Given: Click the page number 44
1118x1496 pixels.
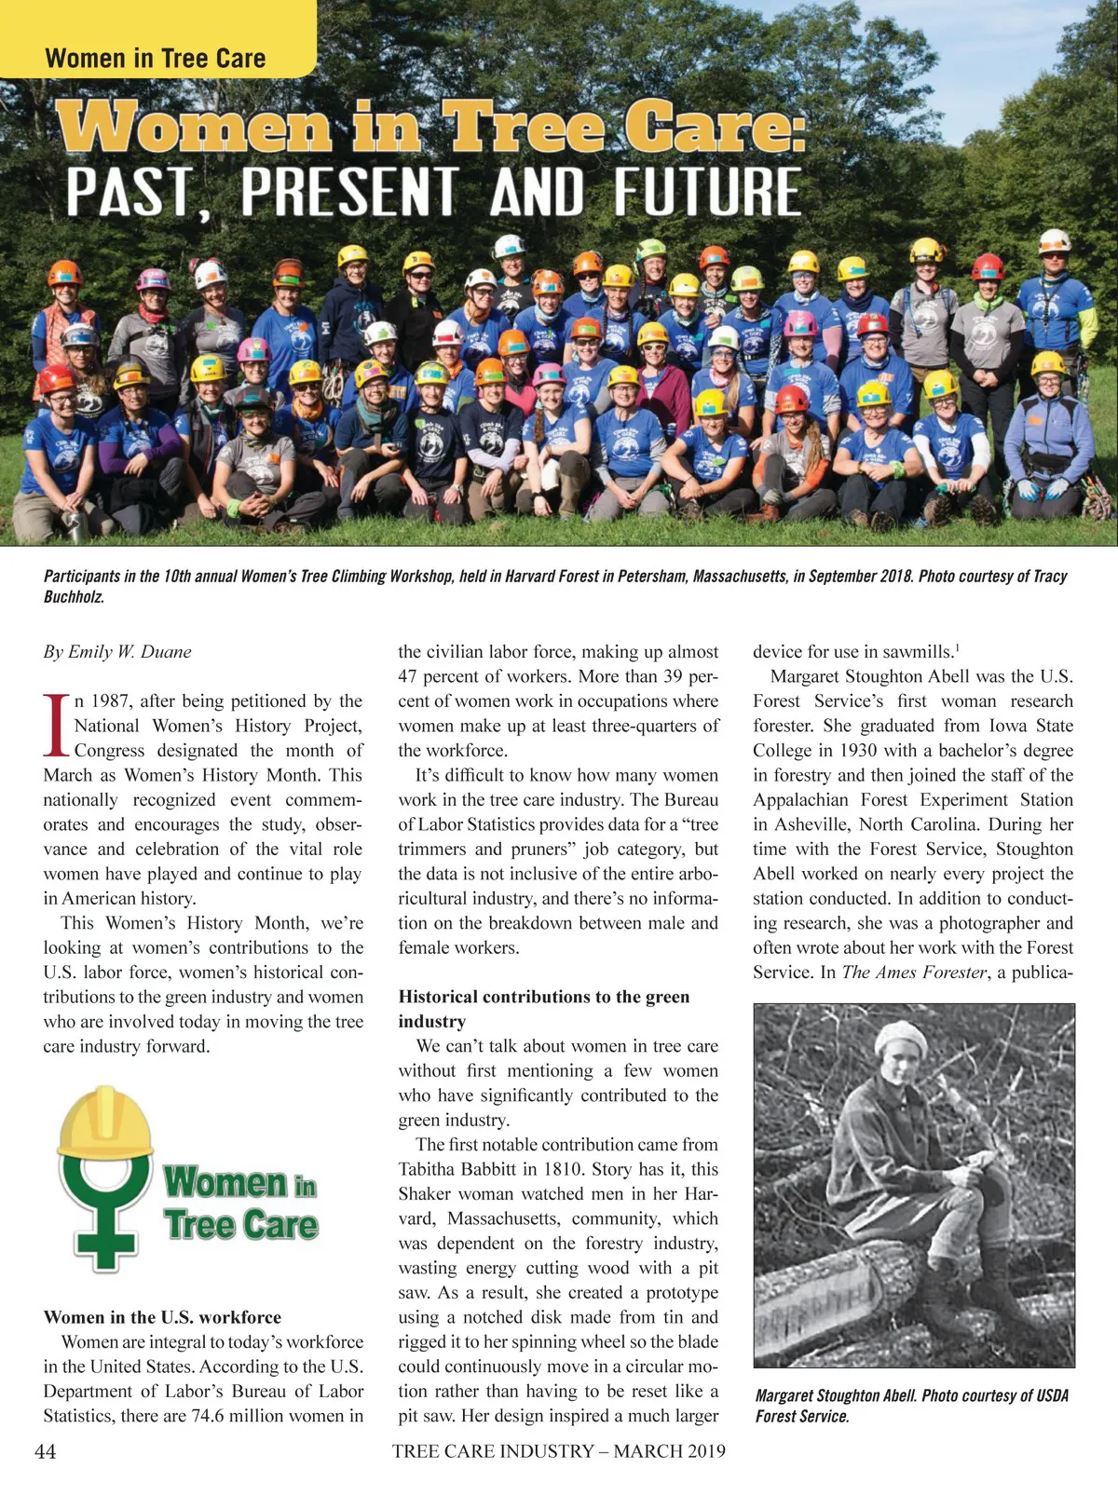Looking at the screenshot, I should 45,1450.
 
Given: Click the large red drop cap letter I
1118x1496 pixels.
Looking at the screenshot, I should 56,726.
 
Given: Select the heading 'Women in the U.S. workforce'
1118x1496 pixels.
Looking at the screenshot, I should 162,1317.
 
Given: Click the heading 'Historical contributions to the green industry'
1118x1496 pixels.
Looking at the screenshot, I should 544,1009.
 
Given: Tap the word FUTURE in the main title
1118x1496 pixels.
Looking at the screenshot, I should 707,193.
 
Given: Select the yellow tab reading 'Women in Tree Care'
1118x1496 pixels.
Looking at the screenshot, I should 156,59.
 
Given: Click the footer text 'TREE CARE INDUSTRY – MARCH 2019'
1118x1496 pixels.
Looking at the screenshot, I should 558,1450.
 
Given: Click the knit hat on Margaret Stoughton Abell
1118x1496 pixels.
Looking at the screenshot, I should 902,1038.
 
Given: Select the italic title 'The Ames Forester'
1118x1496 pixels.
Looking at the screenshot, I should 913,972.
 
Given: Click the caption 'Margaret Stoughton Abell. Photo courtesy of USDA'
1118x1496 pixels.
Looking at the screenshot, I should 911,1395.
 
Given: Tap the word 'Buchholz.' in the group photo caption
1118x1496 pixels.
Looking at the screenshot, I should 75,597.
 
